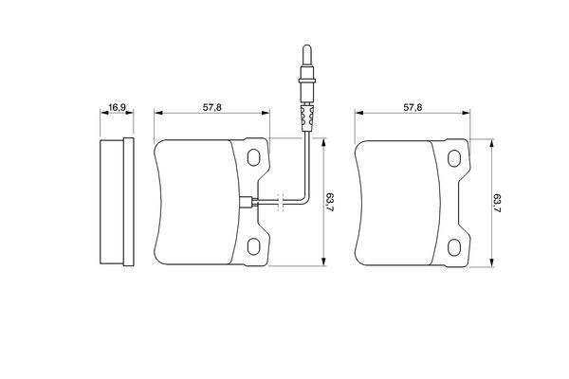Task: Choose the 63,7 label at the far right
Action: tap(497, 202)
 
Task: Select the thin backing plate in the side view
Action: tap(126, 202)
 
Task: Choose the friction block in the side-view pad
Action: tap(111, 202)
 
